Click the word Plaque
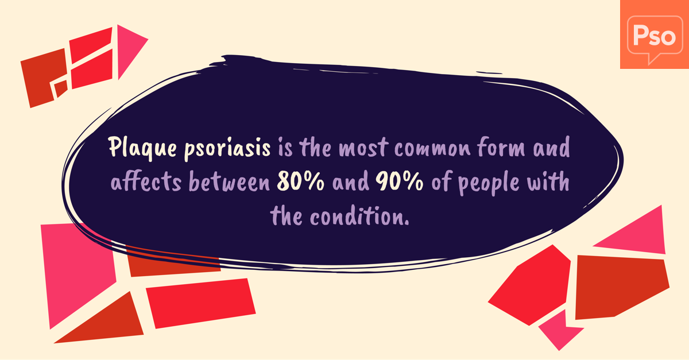coord(142,148)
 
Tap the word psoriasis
coord(227,149)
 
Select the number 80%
coord(300,181)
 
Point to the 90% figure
coord(399,181)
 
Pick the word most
coord(363,148)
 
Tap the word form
coord(501,146)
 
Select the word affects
coord(146,181)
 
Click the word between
coord(229,181)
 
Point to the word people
coord(489,183)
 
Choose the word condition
coord(359,216)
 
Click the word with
coord(548,181)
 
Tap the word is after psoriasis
coord(285,148)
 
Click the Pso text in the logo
coord(654,36)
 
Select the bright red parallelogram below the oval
coord(200,303)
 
